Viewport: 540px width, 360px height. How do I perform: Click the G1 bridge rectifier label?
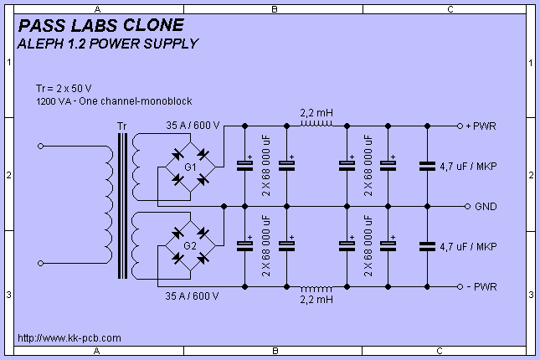(x=190, y=167)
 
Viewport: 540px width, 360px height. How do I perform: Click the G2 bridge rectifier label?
(x=190, y=245)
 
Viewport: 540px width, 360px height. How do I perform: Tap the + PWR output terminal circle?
(x=460, y=126)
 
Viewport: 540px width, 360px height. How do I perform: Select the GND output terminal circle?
(x=467, y=206)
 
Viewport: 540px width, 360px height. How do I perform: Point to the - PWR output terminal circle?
(x=460, y=286)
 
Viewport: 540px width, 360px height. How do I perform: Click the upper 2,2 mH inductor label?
(x=316, y=113)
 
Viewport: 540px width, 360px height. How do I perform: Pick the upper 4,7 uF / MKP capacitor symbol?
(x=427, y=167)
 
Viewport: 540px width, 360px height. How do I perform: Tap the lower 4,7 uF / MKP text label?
(x=468, y=247)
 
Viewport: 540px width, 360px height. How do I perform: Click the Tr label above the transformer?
(x=122, y=126)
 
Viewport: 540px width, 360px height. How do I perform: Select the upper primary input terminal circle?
(x=41, y=146)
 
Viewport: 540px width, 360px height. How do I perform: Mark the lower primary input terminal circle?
(x=41, y=263)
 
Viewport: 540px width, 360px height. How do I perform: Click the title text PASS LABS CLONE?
(x=101, y=25)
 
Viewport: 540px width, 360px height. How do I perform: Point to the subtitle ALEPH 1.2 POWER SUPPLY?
(x=108, y=44)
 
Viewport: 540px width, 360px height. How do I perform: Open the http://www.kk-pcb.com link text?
(x=69, y=338)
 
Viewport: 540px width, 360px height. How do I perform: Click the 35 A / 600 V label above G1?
(x=193, y=126)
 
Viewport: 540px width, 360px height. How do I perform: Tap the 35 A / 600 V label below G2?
(x=192, y=296)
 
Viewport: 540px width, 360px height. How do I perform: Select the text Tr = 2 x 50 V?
(x=64, y=89)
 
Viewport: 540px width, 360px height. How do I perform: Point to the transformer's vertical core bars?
(x=122, y=206)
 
